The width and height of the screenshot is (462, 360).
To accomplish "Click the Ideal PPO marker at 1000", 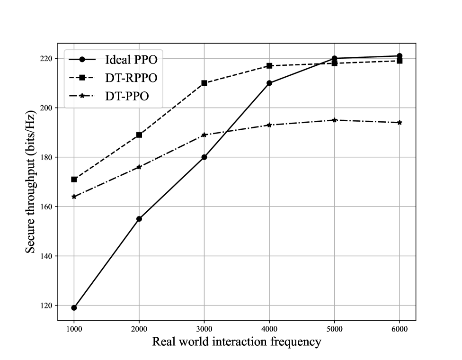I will pyautogui.click(x=74, y=308).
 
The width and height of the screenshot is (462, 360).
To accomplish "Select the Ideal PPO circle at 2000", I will pyautogui.click(x=139, y=219).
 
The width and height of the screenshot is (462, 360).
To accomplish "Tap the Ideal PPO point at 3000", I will pyautogui.click(x=204, y=157).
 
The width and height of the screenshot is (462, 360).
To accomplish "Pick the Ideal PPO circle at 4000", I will pyautogui.click(x=269, y=83).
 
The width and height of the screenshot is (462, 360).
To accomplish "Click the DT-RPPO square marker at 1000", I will pyautogui.click(x=74, y=180).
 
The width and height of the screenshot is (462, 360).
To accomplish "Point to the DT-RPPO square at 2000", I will pyautogui.click(x=139, y=135).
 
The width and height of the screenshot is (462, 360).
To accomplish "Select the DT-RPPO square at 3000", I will pyautogui.click(x=204, y=83).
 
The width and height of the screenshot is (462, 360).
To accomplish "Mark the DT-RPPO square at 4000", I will pyautogui.click(x=269, y=66).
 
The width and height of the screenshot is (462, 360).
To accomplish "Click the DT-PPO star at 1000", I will pyautogui.click(x=74, y=197).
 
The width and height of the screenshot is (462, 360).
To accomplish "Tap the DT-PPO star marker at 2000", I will pyautogui.click(x=139, y=167).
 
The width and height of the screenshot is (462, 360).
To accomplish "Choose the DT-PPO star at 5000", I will pyautogui.click(x=334, y=120).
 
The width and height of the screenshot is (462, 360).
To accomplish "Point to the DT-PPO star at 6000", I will pyautogui.click(x=400, y=123).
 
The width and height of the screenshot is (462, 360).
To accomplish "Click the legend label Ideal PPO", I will pyautogui.click(x=131, y=60).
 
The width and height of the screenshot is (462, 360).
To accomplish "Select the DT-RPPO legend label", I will pyautogui.click(x=131, y=78).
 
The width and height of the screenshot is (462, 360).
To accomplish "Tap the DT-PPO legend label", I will pyautogui.click(x=127, y=96).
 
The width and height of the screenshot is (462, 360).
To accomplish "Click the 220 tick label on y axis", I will pyautogui.click(x=45, y=59).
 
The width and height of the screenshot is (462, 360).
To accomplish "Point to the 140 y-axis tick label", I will pyautogui.click(x=45, y=256).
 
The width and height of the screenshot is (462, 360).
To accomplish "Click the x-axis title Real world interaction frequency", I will pyautogui.click(x=237, y=342).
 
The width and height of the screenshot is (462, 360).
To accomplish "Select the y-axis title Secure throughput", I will pyautogui.click(x=30, y=181).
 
